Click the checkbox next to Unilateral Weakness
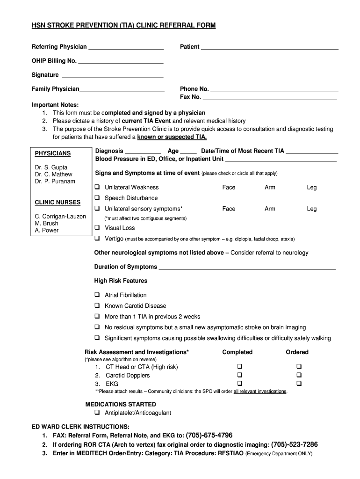click(x=97, y=187)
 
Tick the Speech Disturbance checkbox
click(x=97, y=198)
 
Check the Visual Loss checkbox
click(x=97, y=228)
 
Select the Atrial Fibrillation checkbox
click(x=97, y=295)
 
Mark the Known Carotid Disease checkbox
click(x=97, y=306)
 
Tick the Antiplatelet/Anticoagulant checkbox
click(x=97, y=413)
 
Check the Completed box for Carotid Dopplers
click(x=240, y=375)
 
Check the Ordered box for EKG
click(x=300, y=384)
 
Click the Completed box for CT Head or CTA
click(x=240, y=367)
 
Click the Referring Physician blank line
click(x=126, y=47)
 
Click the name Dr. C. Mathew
click(x=54, y=174)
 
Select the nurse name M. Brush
click(x=46, y=223)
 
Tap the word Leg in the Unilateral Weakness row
click(x=312, y=188)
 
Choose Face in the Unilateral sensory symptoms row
click(x=229, y=209)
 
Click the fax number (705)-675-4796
click(x=209, y=435)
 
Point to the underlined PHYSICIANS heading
click(x=53, y=153)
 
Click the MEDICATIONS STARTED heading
click(x=121, y=404)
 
